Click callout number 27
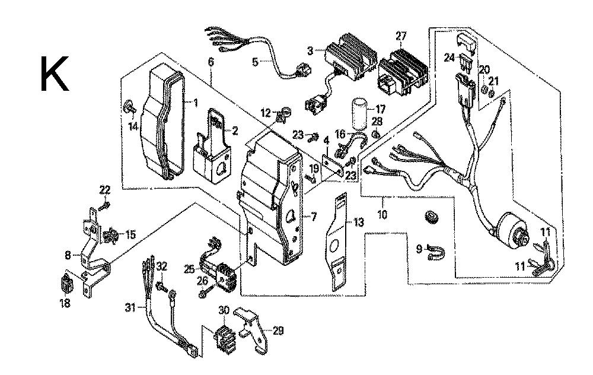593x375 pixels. [x=401, y=37]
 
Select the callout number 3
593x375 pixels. [x=310, y=51]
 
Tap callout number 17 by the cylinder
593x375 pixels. [x=380, y=109]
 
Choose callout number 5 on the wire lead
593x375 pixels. [x=255, y=61]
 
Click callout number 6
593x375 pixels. [x=210, y=61]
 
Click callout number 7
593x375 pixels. [x=314, y=218]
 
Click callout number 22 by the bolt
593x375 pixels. [x=105, y=190]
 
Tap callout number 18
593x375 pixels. [x=64, y=303]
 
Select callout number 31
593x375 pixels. [x=130, y=307]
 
